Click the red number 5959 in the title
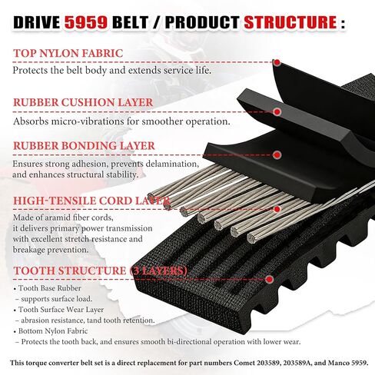click(x=86, y=22)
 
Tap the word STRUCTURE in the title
click(x=290, y=22)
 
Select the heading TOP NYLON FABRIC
click(x=68, y=53)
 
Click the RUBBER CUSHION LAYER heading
click(x=83, y=102)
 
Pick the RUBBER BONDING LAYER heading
click(x=84, y=146)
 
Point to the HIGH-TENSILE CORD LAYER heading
click(x=91, y=201)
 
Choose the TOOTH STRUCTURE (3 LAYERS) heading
click(x=100, y=270)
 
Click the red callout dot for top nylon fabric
click(x=277, y=62)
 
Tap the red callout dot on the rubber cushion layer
click(x=277, y=111)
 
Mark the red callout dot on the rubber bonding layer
click(x=277, y=155)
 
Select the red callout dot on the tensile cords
click(x=277, y=209)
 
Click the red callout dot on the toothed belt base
click(x=269, y=279)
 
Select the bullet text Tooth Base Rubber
click(x=49, y=288)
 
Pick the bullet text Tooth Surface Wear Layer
click(x=61, y=310)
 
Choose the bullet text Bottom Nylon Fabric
click(x=53, y=331)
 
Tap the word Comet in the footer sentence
click(x=244, y=363)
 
